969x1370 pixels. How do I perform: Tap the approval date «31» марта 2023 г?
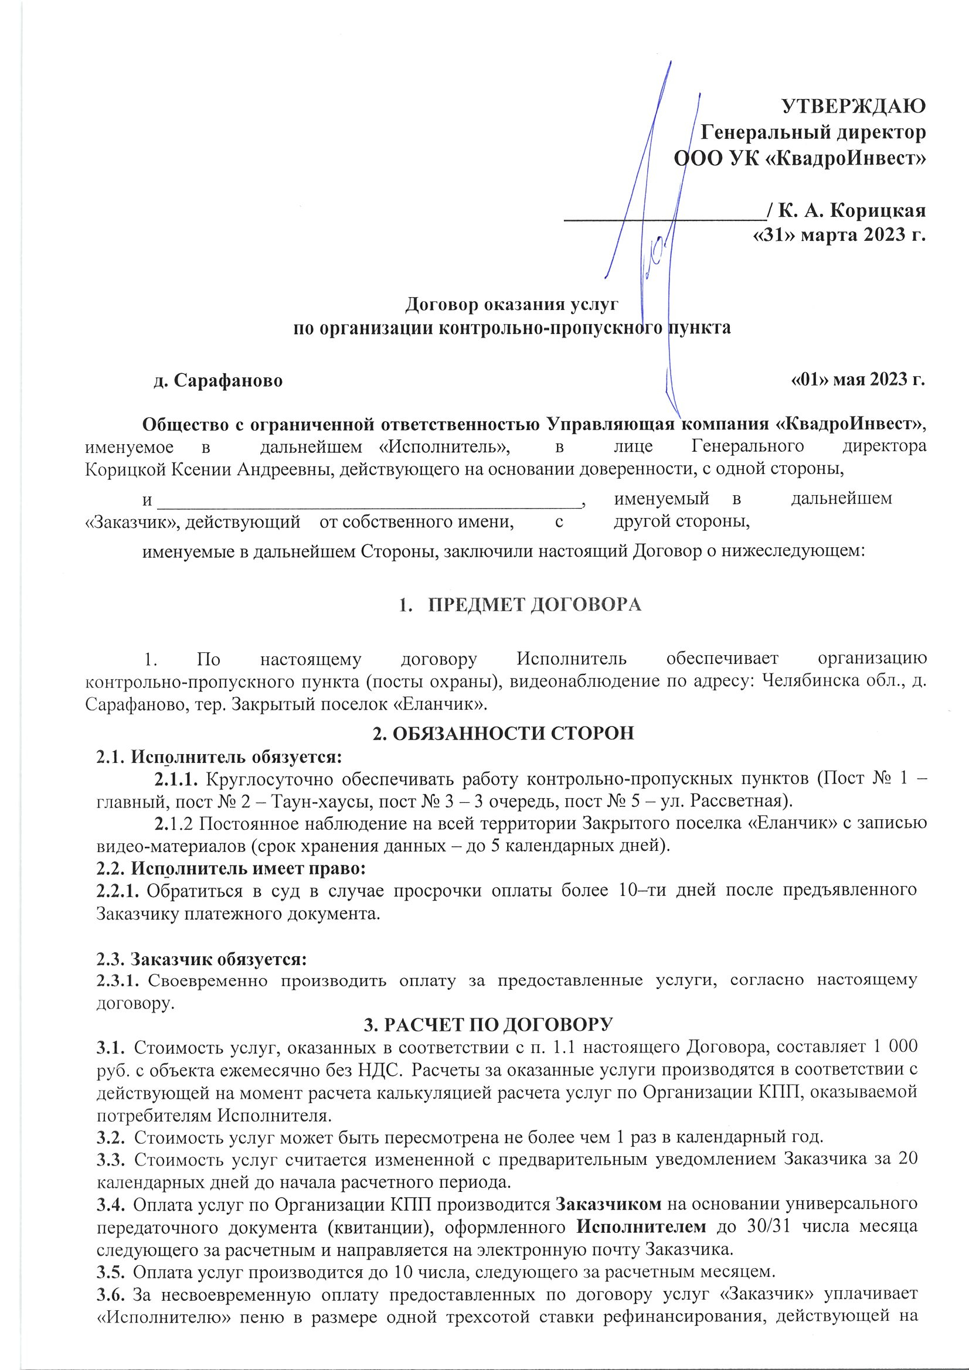point(838,236)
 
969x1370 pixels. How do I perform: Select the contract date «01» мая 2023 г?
point(858,380)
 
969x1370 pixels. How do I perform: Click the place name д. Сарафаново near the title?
point(218,380)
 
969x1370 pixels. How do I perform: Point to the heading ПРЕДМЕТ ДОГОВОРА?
point(535,605)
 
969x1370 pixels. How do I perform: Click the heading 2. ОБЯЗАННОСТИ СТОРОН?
point(503,732)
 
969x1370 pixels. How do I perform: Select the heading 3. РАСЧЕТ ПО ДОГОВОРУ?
point(488,1024)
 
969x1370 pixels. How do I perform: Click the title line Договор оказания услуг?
point(512,305)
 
